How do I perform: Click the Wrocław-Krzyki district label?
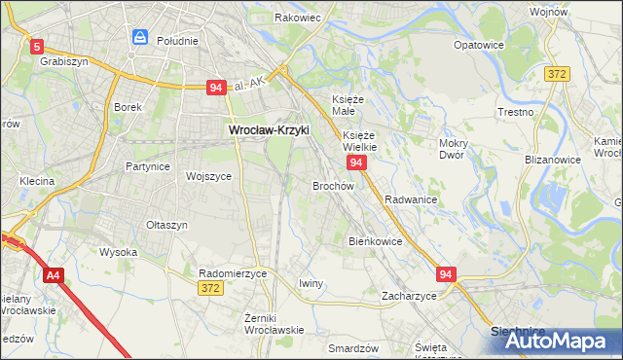[268, 128]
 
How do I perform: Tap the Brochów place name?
[332, 185]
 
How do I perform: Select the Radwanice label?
[410, 198]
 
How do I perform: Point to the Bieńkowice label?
[376, 240]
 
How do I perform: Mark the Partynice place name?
[148, 166]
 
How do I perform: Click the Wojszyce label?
[207, 176]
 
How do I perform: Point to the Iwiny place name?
[311, 283]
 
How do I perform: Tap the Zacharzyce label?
[409, 295]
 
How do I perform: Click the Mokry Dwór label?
[455, 149]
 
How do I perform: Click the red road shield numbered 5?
[37, 46]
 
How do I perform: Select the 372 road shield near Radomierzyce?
[209, 288]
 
